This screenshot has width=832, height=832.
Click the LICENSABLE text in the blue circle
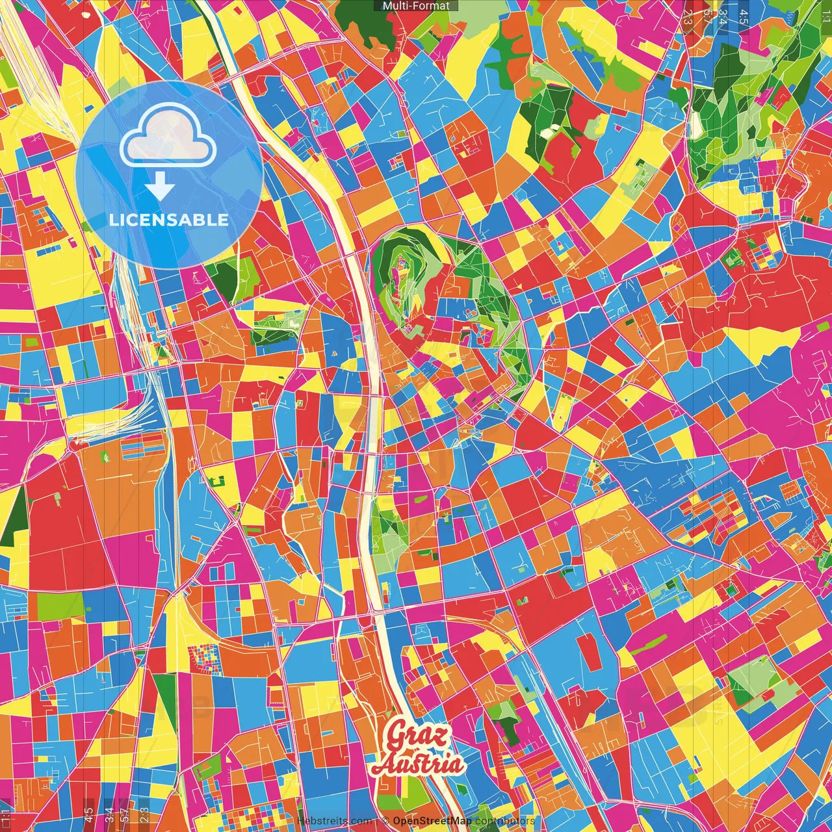click(x=169, y=220)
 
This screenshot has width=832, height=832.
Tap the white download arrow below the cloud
click(x=159, y=188)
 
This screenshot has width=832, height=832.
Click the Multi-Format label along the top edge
click(x=416, y=6)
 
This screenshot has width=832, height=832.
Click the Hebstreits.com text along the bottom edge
click(x=335, y=821)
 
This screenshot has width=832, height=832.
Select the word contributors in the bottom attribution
click(x=504, y=821)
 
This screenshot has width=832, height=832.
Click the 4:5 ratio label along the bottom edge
click(x=88, y=814)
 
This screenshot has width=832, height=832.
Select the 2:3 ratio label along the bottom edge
click(x=144, y=814)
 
